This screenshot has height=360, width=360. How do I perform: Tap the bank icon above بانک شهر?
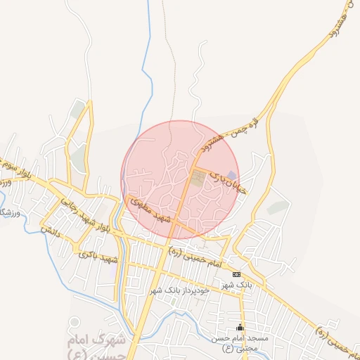pos(236,274)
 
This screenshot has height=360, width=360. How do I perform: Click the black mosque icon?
pos(240,327)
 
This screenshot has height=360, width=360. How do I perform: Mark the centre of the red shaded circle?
pos(180,179)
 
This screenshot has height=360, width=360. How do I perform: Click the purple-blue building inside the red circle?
pos(231,175)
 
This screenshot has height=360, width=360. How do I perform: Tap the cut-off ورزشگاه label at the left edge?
pos(7,212)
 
